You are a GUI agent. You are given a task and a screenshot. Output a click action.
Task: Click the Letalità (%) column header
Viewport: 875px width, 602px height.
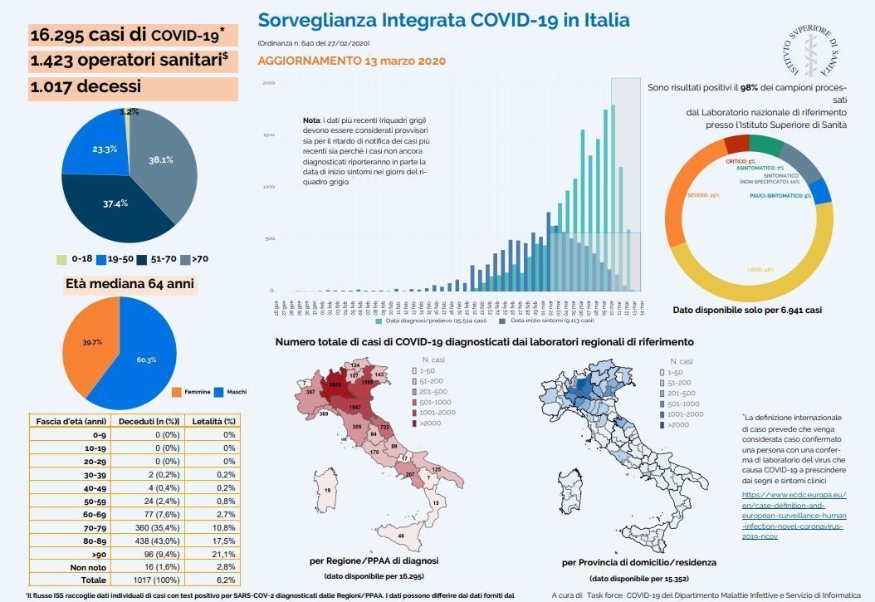214,421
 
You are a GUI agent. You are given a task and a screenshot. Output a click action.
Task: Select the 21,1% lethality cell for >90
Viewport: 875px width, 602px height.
223,554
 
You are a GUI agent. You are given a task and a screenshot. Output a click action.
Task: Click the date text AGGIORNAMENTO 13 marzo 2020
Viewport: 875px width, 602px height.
352,61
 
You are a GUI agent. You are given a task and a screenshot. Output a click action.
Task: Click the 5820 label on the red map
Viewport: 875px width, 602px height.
335,384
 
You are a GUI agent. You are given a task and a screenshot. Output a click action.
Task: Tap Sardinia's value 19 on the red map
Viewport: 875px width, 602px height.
327,491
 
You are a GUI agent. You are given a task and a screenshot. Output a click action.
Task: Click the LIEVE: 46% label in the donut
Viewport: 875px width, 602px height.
760,269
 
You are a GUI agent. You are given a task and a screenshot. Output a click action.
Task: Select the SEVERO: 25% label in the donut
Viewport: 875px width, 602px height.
703,195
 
